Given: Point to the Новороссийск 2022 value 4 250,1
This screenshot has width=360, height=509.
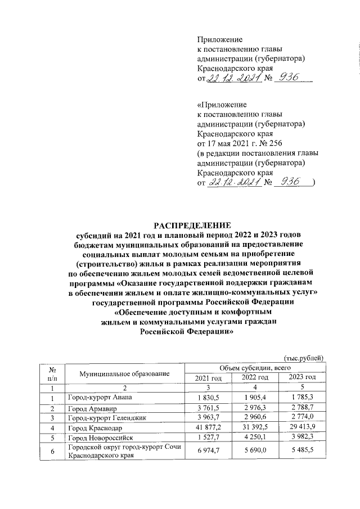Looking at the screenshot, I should click(x=254, y=439).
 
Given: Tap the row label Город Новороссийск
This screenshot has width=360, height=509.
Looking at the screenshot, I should click(x=100, y=439).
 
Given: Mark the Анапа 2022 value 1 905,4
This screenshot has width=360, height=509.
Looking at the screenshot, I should click(x=254, y=398).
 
